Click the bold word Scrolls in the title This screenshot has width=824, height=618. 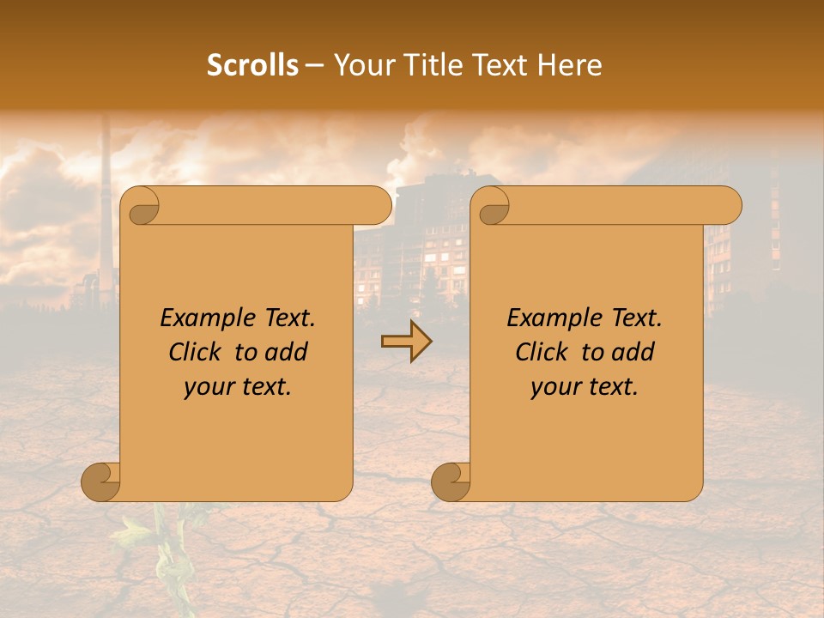click(253, 65)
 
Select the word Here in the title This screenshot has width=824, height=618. click(570, 65)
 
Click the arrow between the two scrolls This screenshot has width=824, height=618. click(407, 342)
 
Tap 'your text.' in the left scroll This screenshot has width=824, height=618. click(238, 387)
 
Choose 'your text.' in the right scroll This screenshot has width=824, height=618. click(585, 387)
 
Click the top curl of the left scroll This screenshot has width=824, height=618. click(141, 206)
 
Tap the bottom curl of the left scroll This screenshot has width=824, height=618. click(101, 482)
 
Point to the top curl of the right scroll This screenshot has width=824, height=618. click(491, 206)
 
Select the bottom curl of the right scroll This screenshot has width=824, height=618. click(451, 482)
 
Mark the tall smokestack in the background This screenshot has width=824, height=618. click(106, 197)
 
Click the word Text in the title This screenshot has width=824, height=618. click(499, 65)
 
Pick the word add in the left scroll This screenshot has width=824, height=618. click(287, 352)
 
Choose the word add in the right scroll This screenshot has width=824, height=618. click(633, 352)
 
